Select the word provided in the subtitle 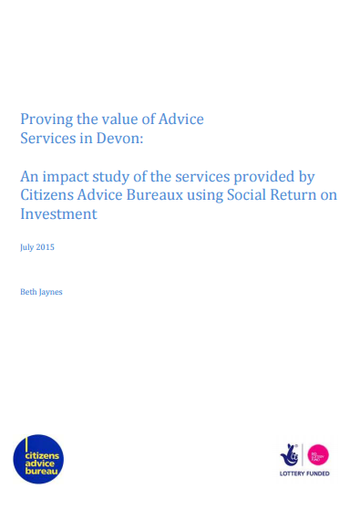point(271,175)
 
